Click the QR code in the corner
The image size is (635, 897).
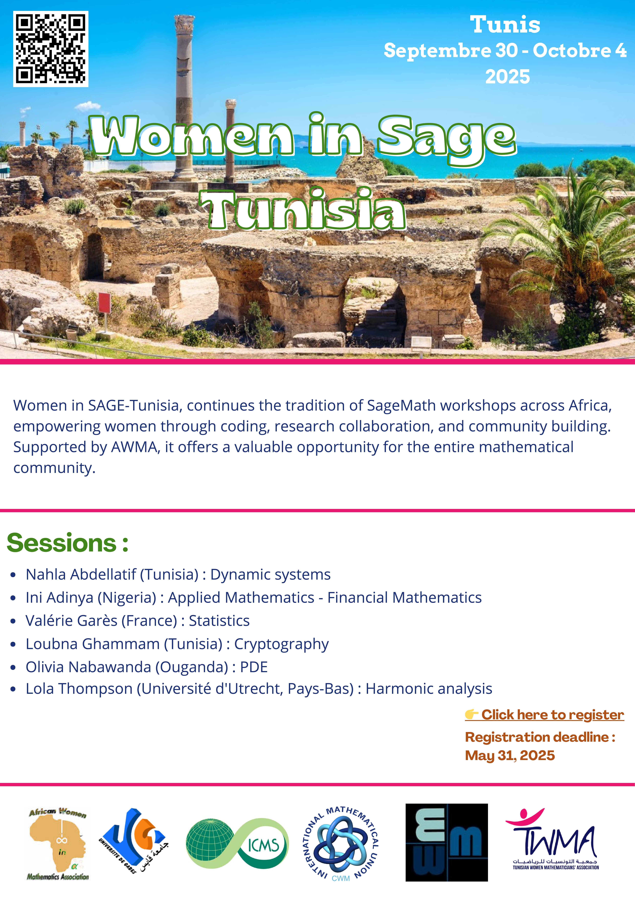click(51, 49)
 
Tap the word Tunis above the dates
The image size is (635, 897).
click(505, 25)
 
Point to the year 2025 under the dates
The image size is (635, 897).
click(508, 77)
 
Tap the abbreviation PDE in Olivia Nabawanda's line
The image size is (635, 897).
click(254, 667)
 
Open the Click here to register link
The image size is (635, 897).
click(544, 715)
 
